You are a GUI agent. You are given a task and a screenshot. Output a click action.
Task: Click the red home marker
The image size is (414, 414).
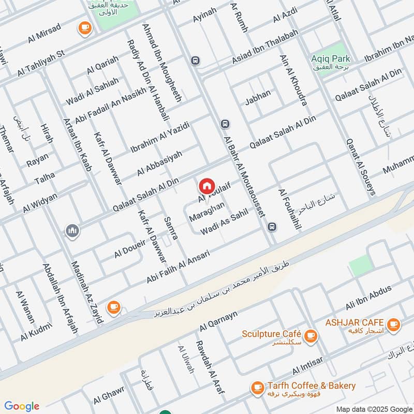pos(206,185)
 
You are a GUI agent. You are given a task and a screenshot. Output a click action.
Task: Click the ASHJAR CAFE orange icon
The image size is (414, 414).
pos(394,324)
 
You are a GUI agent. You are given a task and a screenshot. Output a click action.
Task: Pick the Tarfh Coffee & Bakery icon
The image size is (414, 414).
pos(257,387)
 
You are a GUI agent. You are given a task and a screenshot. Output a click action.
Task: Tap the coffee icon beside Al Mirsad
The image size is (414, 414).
pos(84,28)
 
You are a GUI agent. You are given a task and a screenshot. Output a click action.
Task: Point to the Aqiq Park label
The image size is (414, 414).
pos(332,58)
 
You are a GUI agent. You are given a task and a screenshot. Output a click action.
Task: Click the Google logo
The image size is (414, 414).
pos(21,406)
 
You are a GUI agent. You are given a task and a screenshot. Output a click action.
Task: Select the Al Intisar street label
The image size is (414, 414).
pos(307,366)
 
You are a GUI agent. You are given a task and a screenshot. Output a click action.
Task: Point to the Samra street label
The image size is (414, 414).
pos(171,228)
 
